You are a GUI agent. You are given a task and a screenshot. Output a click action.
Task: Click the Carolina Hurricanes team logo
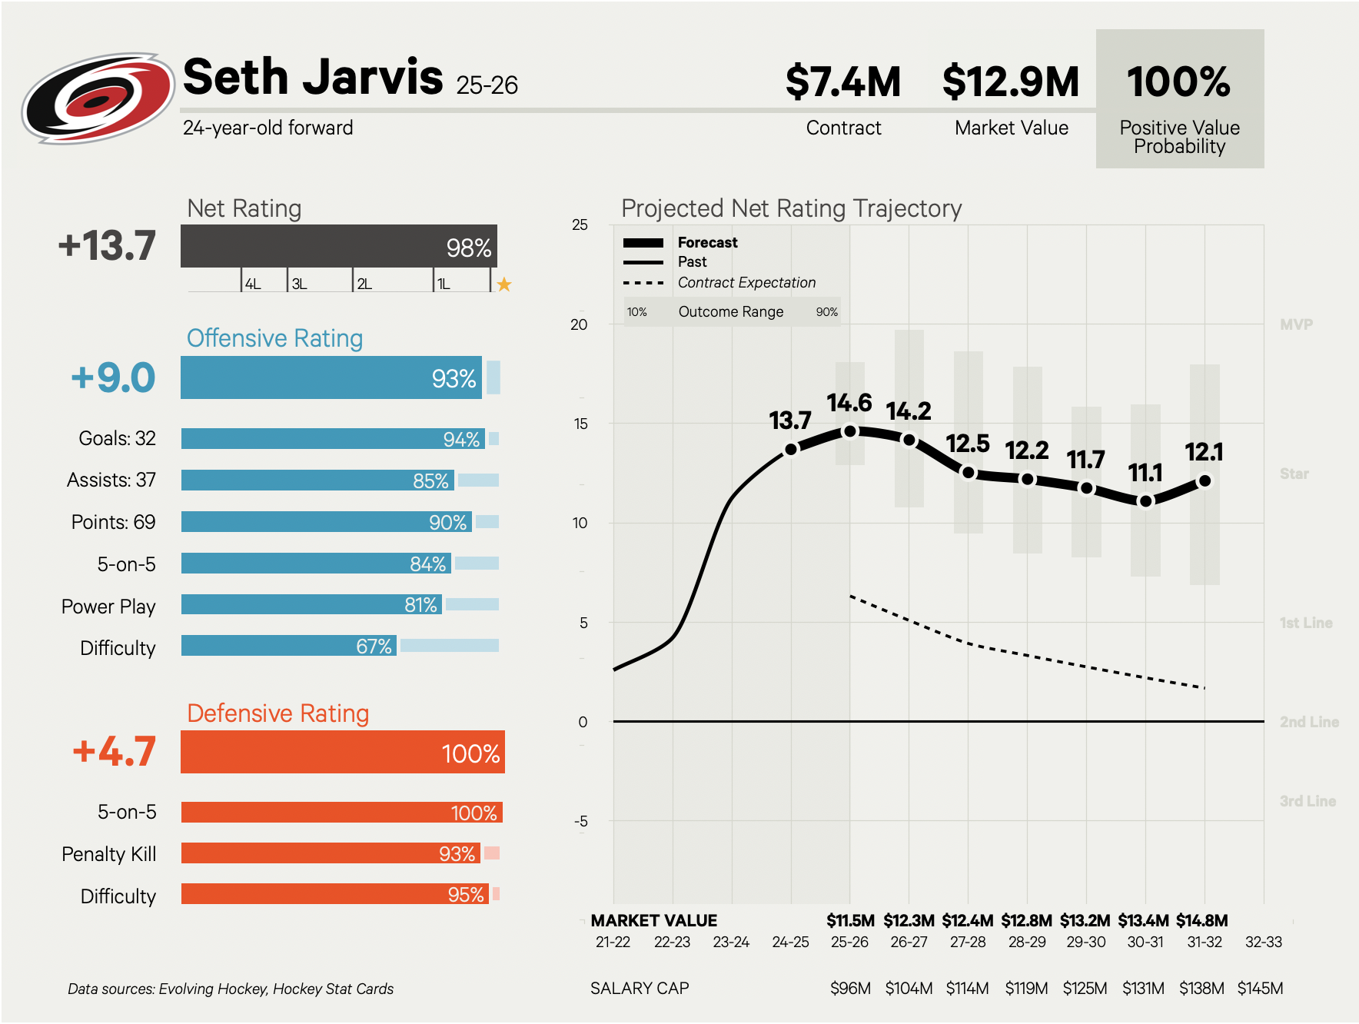tap(98, 98)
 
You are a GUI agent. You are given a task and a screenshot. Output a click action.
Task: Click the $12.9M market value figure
tap(1011, 82)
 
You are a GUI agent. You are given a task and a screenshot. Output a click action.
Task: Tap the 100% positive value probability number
tap(1178, 82)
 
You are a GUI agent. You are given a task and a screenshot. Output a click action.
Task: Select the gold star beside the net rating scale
tap(504, 284)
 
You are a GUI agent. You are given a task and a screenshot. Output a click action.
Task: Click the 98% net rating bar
tap(338, 246)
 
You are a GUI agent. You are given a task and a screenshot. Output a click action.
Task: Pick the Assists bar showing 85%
tap(317, 480)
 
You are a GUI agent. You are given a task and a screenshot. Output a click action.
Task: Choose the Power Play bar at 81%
tap(311, 605)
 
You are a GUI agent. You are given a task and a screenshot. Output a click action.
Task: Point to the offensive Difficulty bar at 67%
tap(288, 646)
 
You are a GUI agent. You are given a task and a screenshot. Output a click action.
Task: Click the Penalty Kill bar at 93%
tap(331, 853)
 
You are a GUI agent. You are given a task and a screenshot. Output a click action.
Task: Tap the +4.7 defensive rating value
tap(114, 752)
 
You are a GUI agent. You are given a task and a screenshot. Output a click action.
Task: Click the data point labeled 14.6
tap(850, 431)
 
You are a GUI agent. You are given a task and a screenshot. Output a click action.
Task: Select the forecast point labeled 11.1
tap(1145, 501)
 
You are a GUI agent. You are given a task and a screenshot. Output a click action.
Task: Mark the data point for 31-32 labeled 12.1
tap(1204, 481)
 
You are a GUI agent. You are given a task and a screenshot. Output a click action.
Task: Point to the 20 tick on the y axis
tap(579, 324)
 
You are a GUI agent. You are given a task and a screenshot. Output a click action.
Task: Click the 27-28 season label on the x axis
tap(968, 943)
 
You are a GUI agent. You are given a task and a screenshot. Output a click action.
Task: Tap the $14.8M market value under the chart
tap(1202, 921)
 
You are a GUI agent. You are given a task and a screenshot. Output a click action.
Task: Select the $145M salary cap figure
tap(1260, 989)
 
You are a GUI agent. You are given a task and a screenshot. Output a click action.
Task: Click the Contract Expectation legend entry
tap(746, 283)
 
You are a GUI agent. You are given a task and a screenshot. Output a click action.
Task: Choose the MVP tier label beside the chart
tap(1296, 324)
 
